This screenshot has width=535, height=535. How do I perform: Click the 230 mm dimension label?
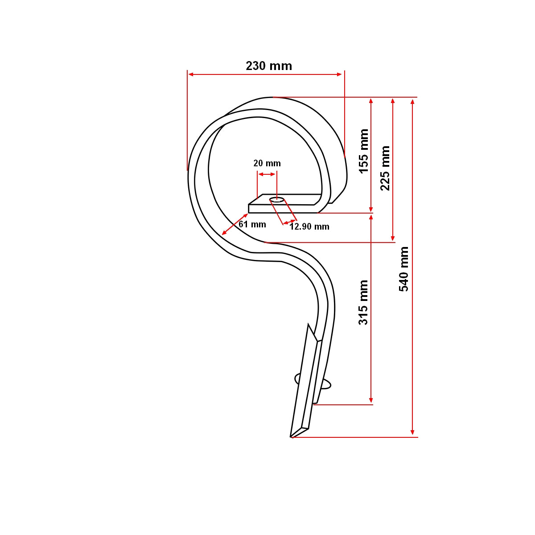point(269,66)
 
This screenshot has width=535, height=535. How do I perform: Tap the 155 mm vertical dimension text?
point(364,151)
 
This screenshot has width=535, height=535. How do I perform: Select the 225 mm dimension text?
point(385,168)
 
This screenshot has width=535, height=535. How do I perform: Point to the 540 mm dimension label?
point(404,269)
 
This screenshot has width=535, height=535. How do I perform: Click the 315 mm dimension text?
point(364,302)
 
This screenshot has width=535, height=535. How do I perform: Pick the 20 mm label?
point(267,163)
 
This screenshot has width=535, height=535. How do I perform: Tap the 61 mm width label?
point(252,224)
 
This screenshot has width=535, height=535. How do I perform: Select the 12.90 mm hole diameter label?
point(309,226)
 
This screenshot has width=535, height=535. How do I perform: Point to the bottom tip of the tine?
point(292,437)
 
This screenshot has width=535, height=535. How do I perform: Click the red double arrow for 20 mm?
point(267,174)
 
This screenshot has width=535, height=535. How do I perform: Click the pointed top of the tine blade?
point(308,325)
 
